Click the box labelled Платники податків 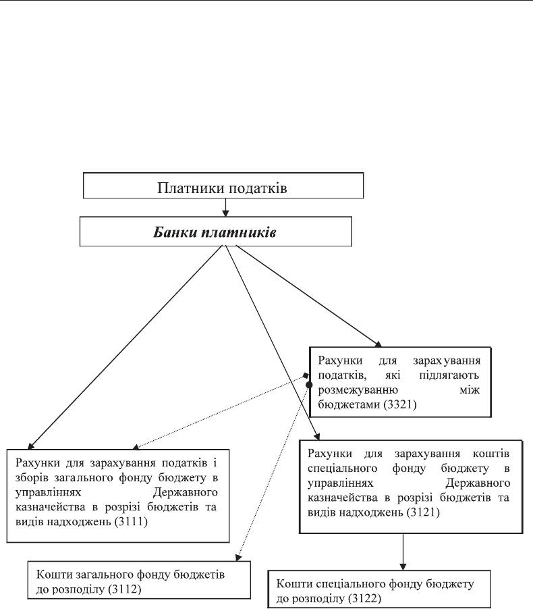[223, 185]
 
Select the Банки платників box [215, 232]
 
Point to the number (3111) [131, 522]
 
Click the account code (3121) [423, 512]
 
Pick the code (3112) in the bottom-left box [125, 589]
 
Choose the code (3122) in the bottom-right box [364, 599]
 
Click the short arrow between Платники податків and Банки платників [225, 207]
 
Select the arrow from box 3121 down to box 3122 [403, 552]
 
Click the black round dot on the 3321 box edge [309, 385]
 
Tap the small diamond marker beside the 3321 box [306, 376]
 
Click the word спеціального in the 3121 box [342, 469]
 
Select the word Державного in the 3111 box [186, 492]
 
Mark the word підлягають [449, 375]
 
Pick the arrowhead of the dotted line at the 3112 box [237, 558]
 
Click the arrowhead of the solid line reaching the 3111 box [30, 446]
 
